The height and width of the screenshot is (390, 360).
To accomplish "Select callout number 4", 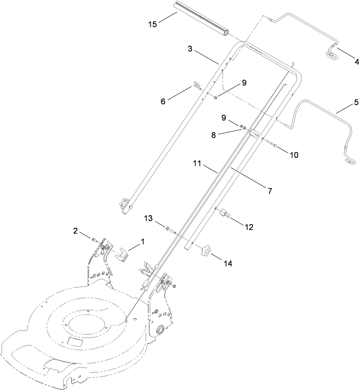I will (351, 62).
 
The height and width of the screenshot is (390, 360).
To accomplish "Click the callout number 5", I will (354, 103).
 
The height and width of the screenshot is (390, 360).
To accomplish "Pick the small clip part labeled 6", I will (197, 86).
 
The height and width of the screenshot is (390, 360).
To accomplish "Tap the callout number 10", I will (294, 155).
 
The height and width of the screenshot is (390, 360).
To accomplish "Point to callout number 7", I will (270, 190).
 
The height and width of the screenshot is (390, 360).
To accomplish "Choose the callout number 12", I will (249, 227).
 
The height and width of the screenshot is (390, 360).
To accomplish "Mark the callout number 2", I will (75, 230).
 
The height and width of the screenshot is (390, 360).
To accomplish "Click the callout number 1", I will (142, 241).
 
